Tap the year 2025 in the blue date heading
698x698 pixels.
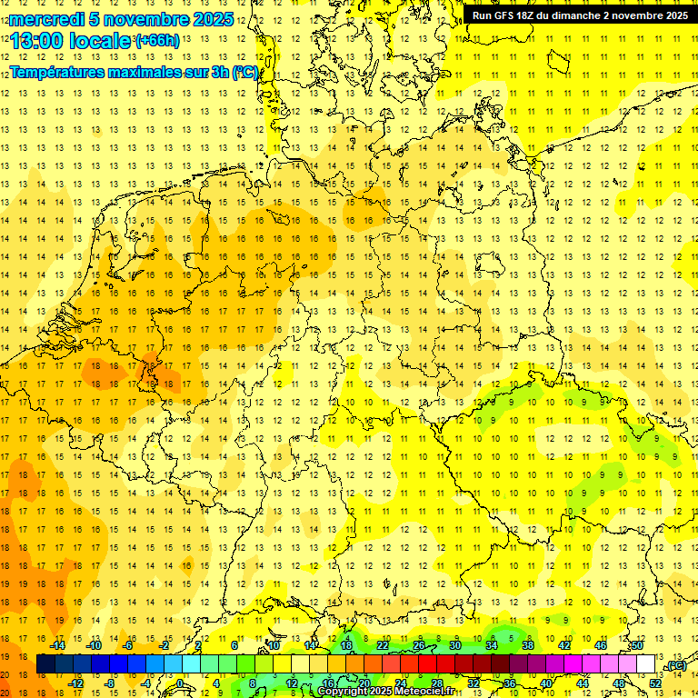(x=213, y=18)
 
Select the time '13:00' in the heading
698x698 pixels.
(x=38, y=41)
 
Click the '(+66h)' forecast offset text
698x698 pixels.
(x=157, y=41)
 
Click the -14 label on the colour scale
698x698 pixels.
(x=58, y=645)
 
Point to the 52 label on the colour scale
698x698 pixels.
(x=655, y=683)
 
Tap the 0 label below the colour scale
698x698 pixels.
(x=180, y=683)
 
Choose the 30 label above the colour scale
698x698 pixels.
(x=455, y=645)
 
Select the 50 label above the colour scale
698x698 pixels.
(x=637, y=645)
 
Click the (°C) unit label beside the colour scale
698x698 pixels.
(x=675, y=666)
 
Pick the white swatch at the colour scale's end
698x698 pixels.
(x=646, y=664)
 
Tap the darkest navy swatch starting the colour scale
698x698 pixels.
(x=45, y=664)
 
